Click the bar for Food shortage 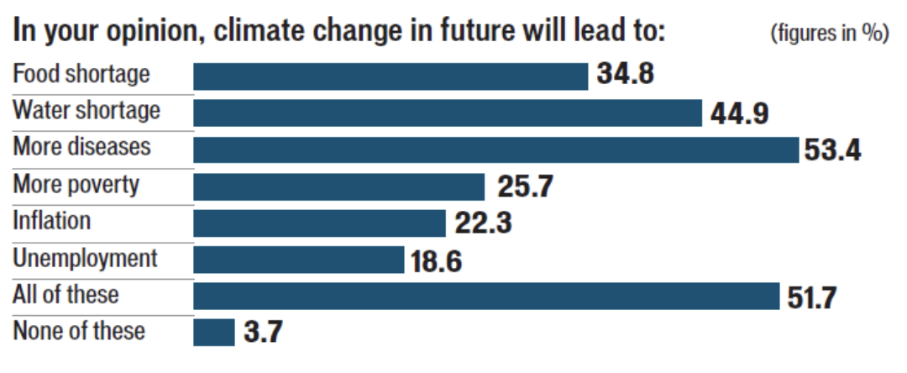(x=391, y=76)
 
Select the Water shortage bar (x=448, y=113)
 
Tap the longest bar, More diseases (x=495, y=150)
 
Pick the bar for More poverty (x=339, y=186)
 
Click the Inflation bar (x=319, y=223)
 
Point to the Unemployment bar (x=299, y=260)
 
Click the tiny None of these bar (x=214, y=332)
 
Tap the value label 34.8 (x=625, y=75)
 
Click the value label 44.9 (x=739, y=113)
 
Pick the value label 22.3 (x=482, y=223)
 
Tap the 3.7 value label (x=263, y=333)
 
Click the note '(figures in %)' (x=829, y=34)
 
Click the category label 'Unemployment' (x=85, y=258)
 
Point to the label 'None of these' (x=78, y=331)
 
